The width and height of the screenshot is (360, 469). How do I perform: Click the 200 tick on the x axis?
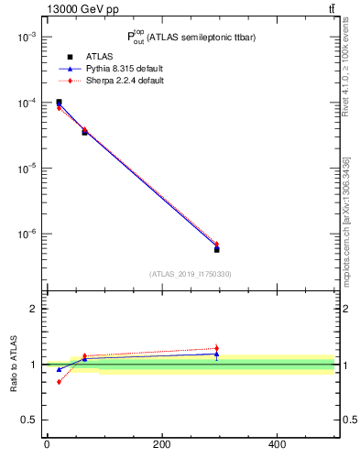[x=161, y=445]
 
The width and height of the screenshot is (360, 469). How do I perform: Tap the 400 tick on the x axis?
[x=277, y=445]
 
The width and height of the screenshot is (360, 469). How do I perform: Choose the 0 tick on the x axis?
[x=47, y=445]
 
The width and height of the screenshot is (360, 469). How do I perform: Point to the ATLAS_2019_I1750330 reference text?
[x=191, y=274]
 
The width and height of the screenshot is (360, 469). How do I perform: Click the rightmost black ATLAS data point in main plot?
[x=217, y=249]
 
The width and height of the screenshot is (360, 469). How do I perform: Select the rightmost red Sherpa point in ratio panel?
[x=217, y=348]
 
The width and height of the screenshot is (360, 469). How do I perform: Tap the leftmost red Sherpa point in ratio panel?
[x=59, y=381]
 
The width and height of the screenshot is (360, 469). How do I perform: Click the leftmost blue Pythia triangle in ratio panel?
[x=59, y=369]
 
